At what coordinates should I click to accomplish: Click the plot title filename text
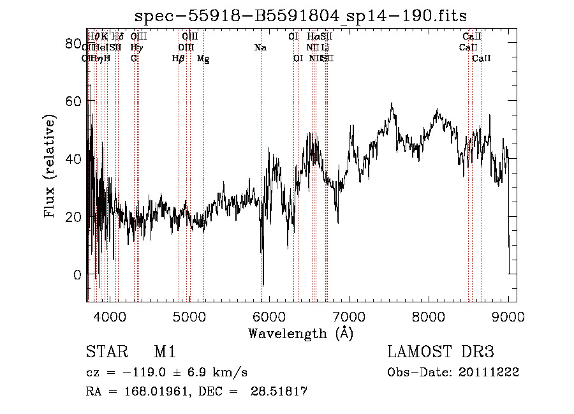[300, 16]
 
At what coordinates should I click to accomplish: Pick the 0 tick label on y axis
[77, 274]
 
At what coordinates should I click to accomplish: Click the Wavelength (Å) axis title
[300, 333]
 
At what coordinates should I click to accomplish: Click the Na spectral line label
[260, 48]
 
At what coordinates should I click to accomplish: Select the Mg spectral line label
[203, 59]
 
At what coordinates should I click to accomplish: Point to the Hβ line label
[179, 59]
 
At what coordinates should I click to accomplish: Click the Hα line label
[313, 37]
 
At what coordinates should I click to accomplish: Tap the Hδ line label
[117, 37]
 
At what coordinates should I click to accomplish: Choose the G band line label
[134, 59]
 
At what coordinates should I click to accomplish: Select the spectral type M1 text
[165, 352]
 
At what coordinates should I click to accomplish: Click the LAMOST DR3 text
[441, 352]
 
